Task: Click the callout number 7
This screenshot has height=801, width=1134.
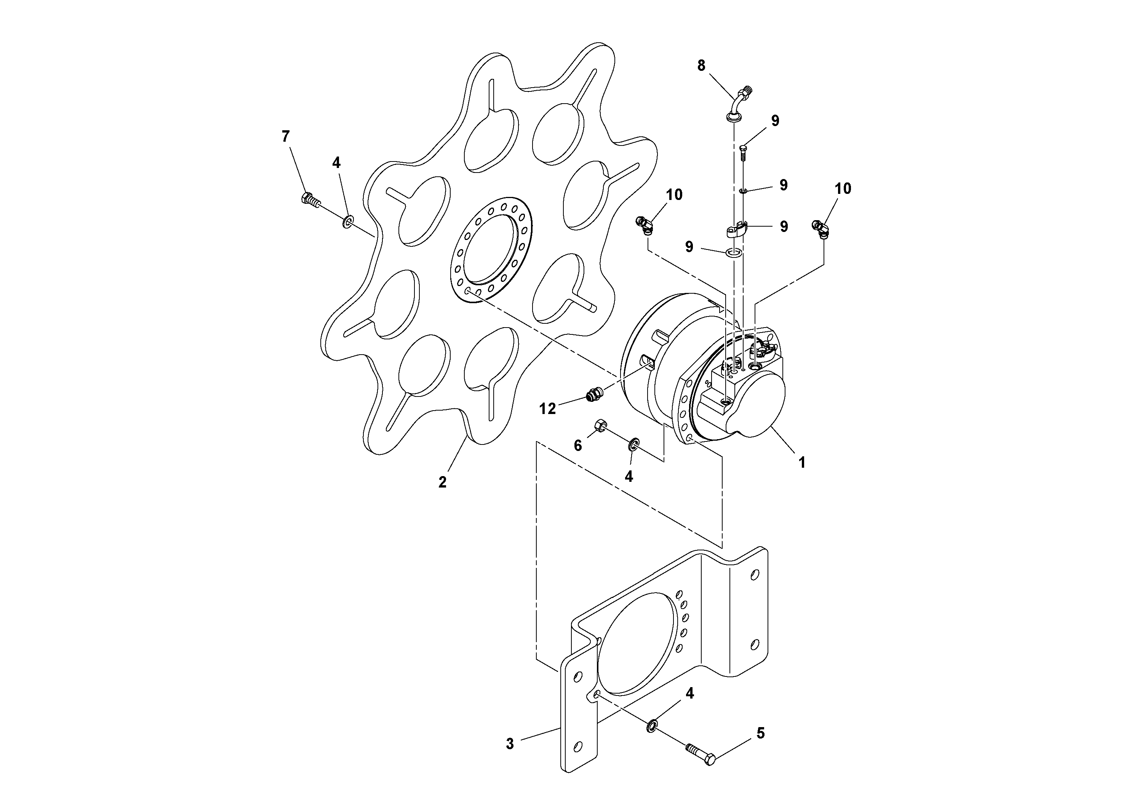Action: pos(285,136)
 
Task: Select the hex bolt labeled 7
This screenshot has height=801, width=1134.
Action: pos(309,200)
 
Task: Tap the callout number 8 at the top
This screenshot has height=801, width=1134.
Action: pos(701,65)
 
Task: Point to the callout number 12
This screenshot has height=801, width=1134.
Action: pos(547,408)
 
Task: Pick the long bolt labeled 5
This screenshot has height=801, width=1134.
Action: pos(699,756)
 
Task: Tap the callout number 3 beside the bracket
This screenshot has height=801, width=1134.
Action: pos(510,744)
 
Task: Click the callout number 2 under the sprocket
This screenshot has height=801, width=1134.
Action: pos(443,482)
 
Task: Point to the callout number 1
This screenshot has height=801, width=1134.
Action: pos(802,462)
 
